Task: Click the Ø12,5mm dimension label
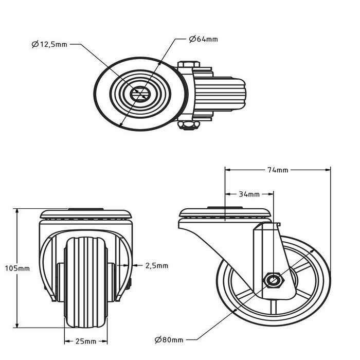coord(49,45)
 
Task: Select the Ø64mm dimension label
coord(204,39)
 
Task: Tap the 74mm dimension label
coord(278,170)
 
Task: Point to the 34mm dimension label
coord(249,194)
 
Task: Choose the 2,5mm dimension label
coord(157,265)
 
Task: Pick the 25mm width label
coord(86,341)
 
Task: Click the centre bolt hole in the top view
coord(139,94)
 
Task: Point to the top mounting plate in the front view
coord(86,213)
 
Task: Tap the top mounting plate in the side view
coord(224,213)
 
